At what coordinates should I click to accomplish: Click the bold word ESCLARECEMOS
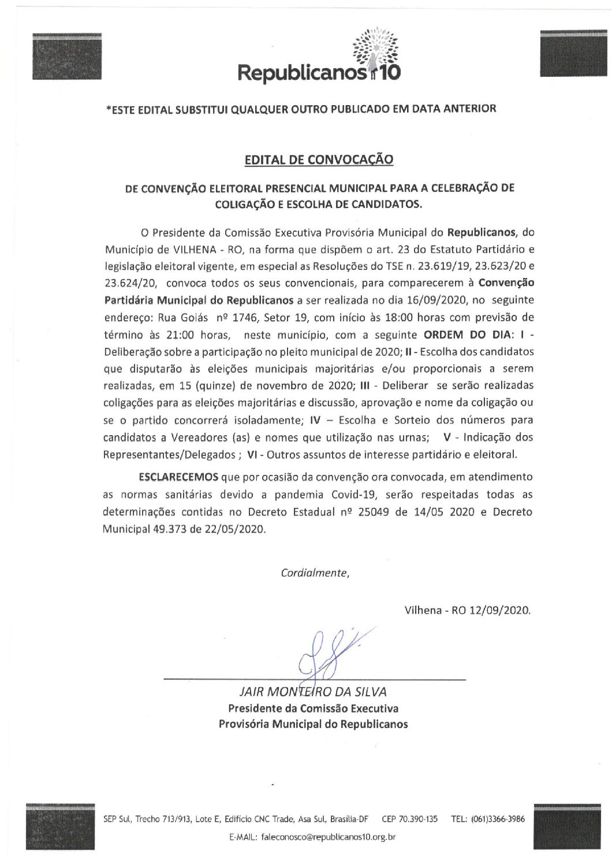tap(178, 477)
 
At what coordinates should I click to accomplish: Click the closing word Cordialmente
tap(315, 573)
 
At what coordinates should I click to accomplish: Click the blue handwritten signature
tap(329, 650)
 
